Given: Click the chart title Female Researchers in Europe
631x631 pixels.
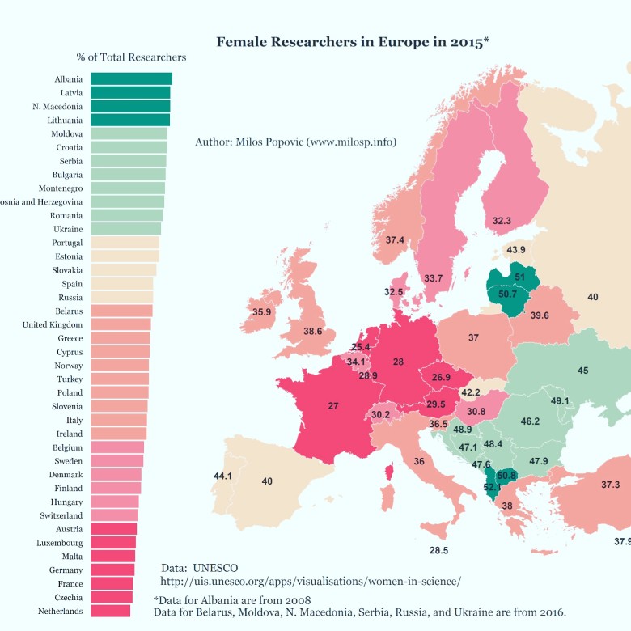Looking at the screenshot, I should (x=352, y=41).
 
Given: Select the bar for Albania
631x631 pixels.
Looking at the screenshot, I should (x=131, y=78).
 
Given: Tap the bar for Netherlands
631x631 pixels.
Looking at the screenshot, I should (x=110, y=611).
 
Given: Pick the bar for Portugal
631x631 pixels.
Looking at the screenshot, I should (x=125, y=243).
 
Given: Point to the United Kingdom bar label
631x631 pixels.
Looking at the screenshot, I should (x=53, y=324).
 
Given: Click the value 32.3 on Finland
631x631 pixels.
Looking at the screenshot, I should (x=502, y=220).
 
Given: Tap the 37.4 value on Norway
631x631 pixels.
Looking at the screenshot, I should (x=395, y=240).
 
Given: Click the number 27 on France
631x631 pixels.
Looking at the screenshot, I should (x=333, y=406).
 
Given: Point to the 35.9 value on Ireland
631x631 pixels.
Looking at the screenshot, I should (x=261, y=312).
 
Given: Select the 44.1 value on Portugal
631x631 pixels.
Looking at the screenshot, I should (x=223, y=476).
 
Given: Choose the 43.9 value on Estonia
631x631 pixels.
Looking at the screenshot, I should (x=516, y=250).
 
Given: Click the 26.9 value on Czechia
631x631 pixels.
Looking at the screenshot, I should (x=441, y=377).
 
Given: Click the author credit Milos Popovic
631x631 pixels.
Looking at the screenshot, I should (x=295, y=142).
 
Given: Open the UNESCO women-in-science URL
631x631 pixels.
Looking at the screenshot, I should (x=311, y=581).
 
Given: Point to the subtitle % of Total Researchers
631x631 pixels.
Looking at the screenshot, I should (x=131, y=57).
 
